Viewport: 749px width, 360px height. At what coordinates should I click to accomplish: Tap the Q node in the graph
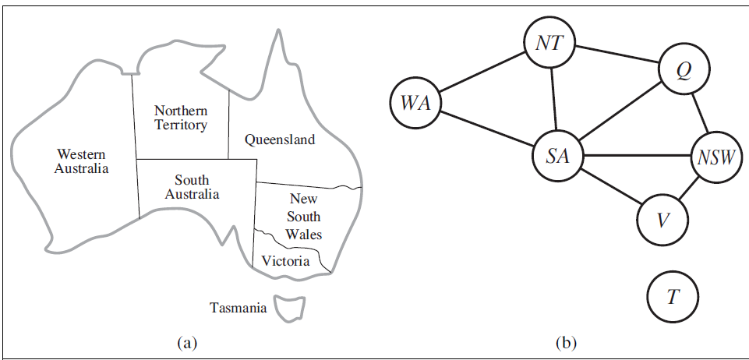pos(684,71)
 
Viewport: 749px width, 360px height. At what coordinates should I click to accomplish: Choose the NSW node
pos(715,158)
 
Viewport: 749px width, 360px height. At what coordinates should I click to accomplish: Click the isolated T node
pos(673,297)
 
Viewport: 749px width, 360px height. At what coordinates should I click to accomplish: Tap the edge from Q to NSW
pos(700,115)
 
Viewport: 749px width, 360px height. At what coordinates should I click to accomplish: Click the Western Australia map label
pos(81,161)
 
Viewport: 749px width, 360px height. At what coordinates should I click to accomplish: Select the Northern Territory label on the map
pos(180,118)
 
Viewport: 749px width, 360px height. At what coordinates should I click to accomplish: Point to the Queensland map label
pos(280,140)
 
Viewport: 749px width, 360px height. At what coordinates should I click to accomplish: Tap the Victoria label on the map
pos(285,261)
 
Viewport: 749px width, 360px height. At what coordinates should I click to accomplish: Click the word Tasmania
pos(238,308)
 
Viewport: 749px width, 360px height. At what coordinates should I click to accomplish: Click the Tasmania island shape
pos(289,305)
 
